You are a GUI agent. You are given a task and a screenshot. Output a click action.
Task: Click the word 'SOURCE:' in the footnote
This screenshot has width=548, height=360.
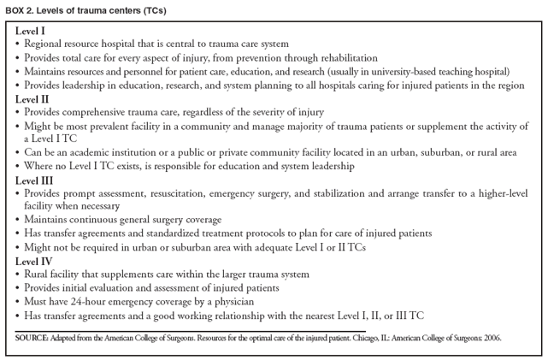point(32,339)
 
